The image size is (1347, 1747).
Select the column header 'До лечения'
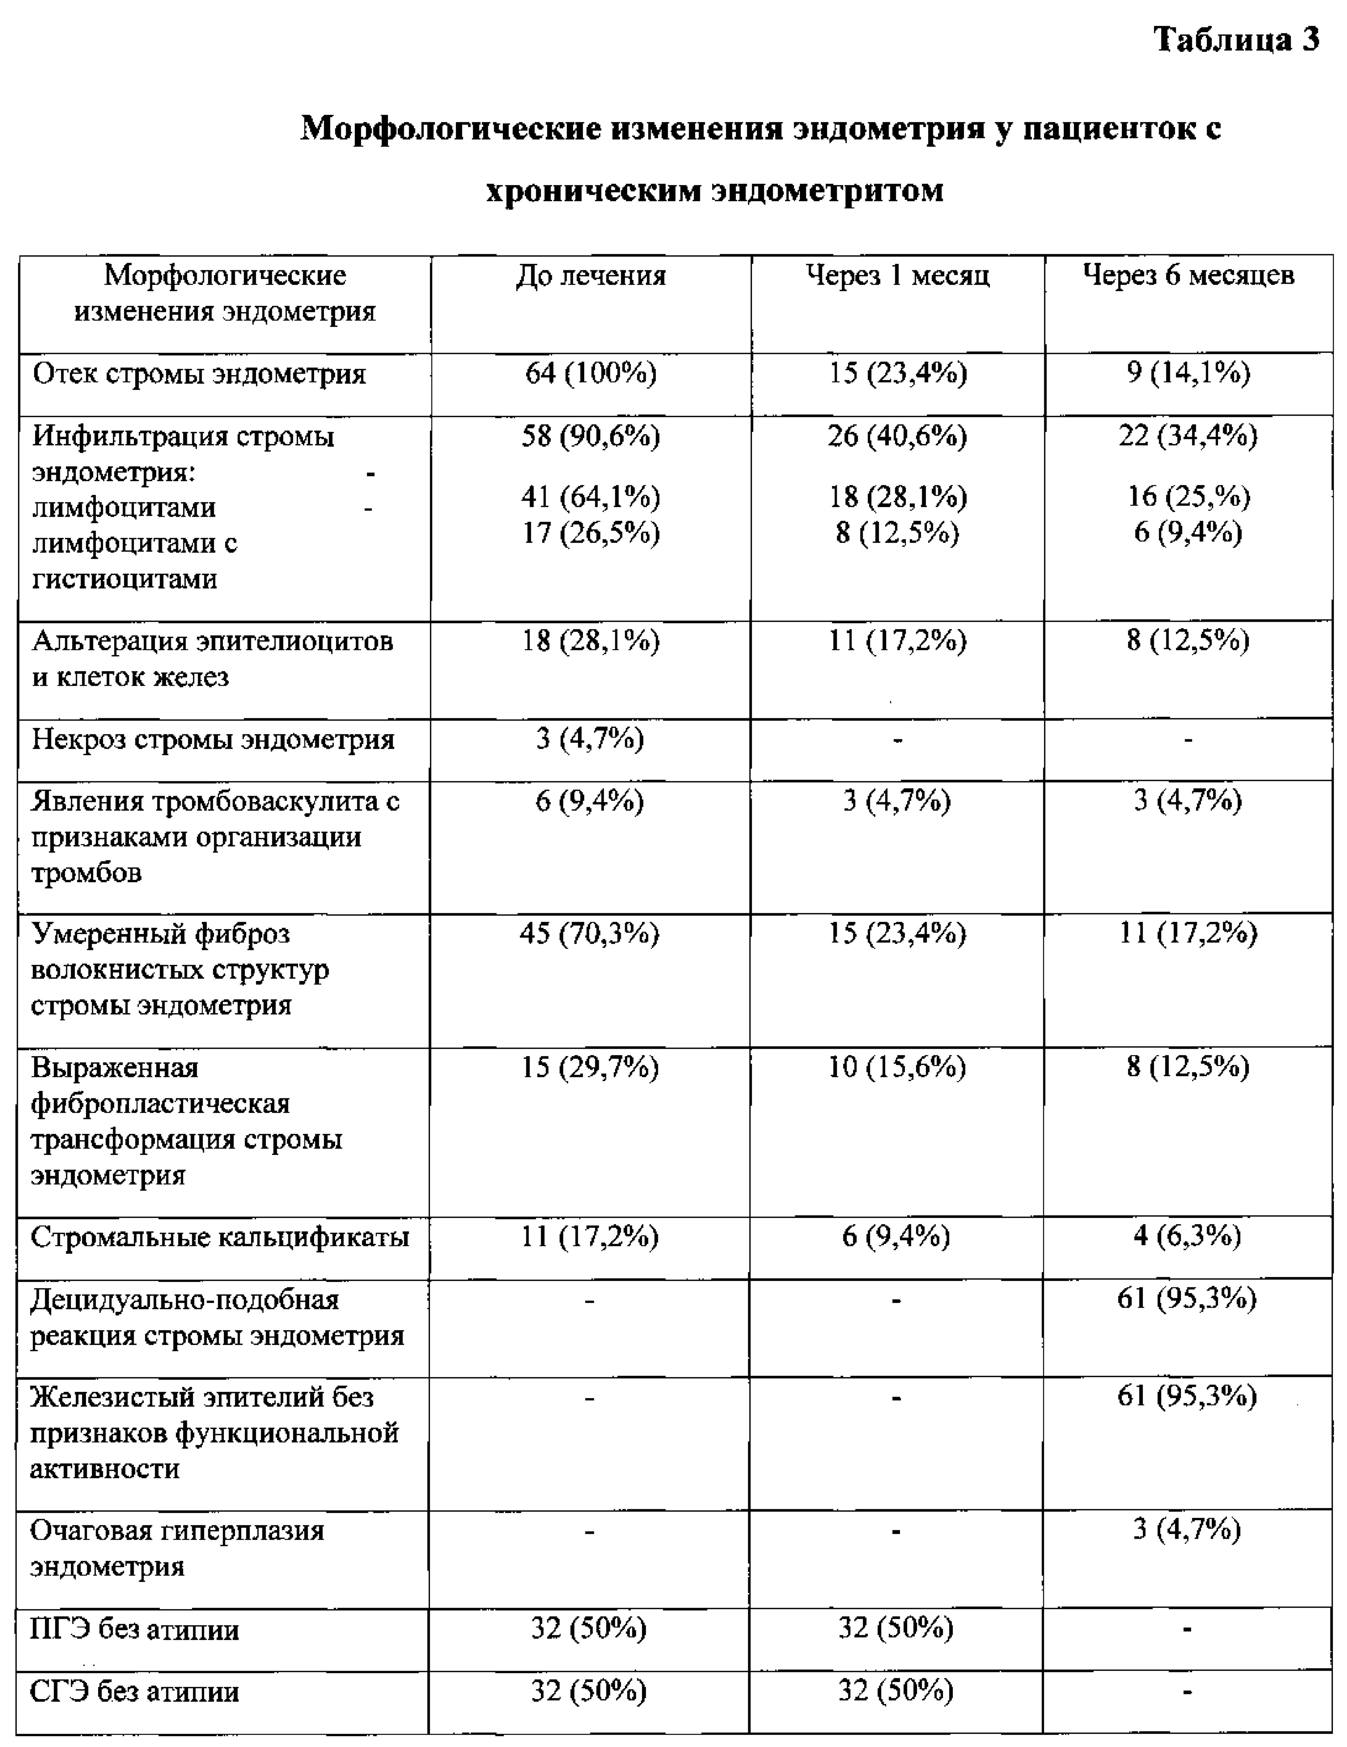[590, 276]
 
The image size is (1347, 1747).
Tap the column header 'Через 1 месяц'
[898, 276]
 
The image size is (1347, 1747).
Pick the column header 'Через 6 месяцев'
[1188, 276]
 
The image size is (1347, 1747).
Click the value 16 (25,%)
[1188, 497]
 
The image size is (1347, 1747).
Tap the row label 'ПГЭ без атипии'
[134, 1629]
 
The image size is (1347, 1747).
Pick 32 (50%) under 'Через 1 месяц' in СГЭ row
[896, 1691]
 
